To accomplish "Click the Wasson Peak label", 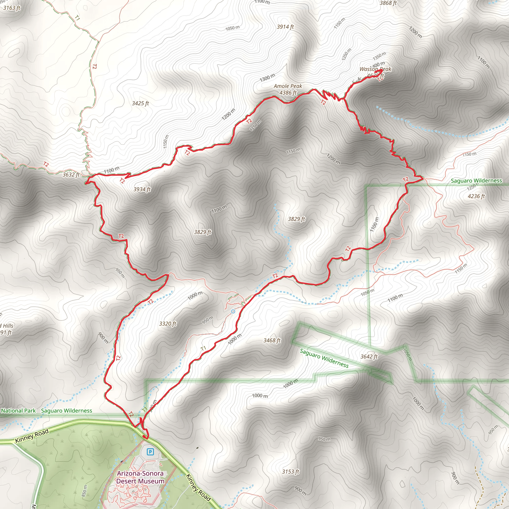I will (x=376, y=69).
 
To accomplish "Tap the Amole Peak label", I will (x=288, y=86).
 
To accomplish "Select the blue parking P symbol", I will (x=150, y=452).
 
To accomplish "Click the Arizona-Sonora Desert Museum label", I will (x=140, y=477).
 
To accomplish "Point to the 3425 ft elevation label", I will (x=140, y=103).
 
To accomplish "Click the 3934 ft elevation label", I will (x=142, y=189).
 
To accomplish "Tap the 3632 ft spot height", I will (x=71, y=174).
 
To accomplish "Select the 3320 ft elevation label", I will (x=168, y=324).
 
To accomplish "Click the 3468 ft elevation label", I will (x=272, y=340).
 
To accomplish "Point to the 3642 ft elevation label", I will (x=369, y=356).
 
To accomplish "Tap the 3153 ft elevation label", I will (x=291, y=471).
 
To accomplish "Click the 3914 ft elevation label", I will (x=285, y=27).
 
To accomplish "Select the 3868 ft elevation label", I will (x=388, y=3).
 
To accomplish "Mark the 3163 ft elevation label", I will (x=12, y=8).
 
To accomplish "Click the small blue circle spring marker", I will (x=233, y=312).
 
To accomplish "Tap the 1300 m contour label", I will (x=267, y=78).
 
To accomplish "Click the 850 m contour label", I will (x=84, y=491).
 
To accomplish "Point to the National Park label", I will (x=18, y=411).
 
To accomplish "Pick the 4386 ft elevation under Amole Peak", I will (x=288, y=93).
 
